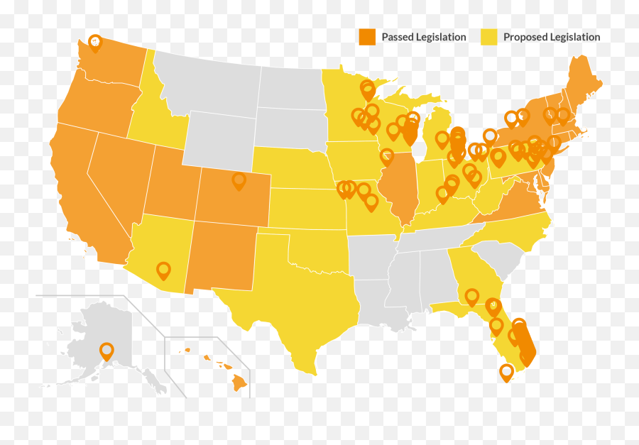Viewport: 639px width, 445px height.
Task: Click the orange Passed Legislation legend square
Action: (367, 38)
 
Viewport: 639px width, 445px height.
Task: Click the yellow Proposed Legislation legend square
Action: (489, 38)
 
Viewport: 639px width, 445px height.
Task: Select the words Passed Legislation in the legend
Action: (424, 37)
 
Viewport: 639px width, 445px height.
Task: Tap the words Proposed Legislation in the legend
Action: (552, 37)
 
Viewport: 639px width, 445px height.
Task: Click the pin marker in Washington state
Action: (95, 42)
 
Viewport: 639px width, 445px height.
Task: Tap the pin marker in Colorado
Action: (239, 181)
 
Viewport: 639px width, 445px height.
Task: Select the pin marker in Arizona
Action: (164, 270)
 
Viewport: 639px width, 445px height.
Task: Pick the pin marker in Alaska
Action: (106, 350)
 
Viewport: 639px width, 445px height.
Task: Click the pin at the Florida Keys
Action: (506, 371)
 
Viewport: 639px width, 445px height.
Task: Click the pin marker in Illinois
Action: (388, 157)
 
